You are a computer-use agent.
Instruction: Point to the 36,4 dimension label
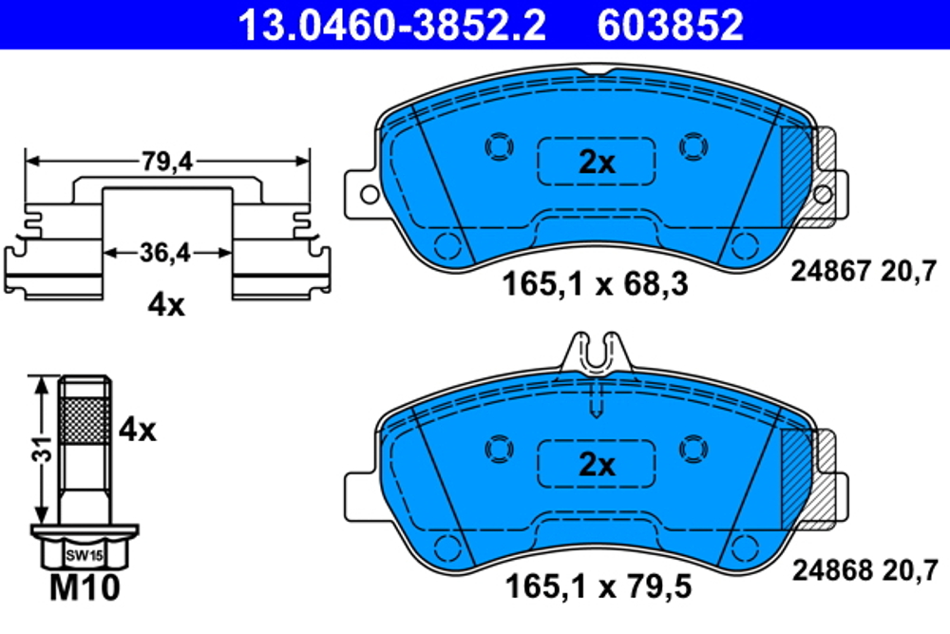click(x=167, y=254)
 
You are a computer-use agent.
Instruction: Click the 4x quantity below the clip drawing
click(x=167, y=305)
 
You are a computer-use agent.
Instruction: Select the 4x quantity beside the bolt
click(x=137, y=430)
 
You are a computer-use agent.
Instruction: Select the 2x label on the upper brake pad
click(x=597, y=163)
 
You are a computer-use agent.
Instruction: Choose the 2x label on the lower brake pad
click(x=597, y=466)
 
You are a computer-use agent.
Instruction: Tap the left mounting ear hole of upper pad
click(x=367, y=194)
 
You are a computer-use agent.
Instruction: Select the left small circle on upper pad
click(x=498, y=145)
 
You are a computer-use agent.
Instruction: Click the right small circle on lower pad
click(x=693, y=448)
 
